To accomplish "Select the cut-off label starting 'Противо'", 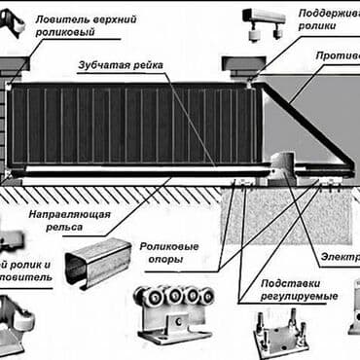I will pos(337,56).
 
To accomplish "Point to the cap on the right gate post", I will pos(239,66).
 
